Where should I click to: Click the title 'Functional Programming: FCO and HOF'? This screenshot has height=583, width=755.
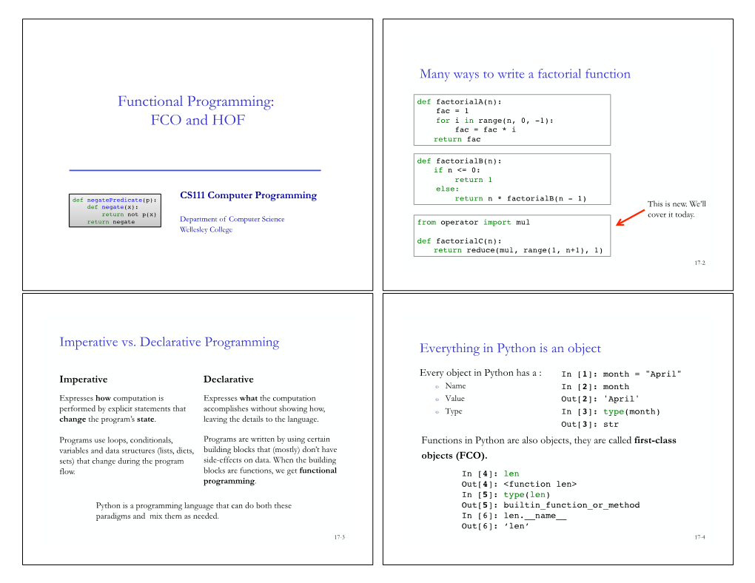point(196,110)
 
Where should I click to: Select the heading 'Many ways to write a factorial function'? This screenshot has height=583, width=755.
point(525,74)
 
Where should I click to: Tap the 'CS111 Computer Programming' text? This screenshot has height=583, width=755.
point(248,195)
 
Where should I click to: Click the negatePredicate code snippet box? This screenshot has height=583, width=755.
point(115,211)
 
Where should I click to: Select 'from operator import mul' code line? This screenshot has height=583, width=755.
point(474,222)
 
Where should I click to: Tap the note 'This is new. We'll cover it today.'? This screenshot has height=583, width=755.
point(677,209)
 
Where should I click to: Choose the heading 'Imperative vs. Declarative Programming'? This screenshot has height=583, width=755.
point(170,342)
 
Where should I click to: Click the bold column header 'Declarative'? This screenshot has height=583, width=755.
point(228,380)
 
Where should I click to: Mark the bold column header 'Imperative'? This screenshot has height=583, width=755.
point(84,380)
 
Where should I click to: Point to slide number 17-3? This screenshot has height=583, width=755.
point(339,536)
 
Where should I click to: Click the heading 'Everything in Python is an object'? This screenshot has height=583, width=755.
point(510,348)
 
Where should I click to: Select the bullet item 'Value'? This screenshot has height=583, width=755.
point(455,399)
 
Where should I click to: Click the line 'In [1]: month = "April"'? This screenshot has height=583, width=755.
point(621,374)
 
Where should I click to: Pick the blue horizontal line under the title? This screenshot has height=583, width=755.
point(195,171)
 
